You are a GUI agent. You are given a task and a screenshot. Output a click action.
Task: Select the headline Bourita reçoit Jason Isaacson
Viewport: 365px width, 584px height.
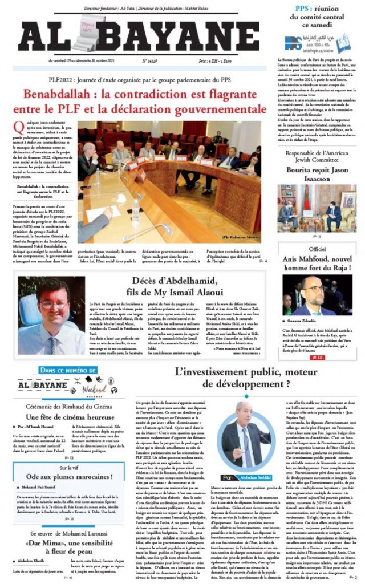(317, 173)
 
